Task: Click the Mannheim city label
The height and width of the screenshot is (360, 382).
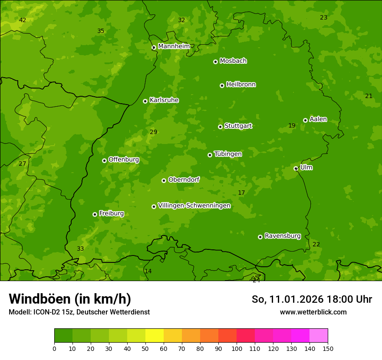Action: click(174, 46)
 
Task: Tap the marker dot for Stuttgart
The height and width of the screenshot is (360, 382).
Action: click(220, 127)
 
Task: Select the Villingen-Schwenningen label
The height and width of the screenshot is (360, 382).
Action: click(194, 206)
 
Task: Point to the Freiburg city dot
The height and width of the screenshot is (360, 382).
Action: click(95, 214)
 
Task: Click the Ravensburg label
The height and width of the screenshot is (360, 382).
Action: click(282, 236)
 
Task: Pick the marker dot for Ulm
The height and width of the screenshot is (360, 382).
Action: click(296, 168)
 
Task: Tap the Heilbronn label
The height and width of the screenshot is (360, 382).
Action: click(240, 85)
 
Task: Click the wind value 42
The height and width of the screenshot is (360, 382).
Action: click(23, 20)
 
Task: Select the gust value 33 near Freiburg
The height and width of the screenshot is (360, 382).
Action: click(80, 249)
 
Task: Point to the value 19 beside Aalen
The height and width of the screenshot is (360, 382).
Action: click(292, 126)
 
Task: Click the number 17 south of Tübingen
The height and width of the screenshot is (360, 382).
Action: click(241, 193)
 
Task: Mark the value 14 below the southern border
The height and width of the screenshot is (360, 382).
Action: click(148, 272)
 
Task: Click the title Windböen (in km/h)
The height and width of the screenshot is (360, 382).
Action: click(70, 299)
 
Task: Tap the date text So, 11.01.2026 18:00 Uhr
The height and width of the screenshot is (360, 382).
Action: click(312, 299)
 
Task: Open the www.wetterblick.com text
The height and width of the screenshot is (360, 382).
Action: click(313, 312)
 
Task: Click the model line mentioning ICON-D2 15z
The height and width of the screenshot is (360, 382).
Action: click(79, 312)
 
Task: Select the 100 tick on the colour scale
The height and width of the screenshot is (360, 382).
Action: click(237, 348)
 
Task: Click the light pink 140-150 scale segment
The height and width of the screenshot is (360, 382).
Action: click(319, 336)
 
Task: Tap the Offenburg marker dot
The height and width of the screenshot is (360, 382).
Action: click(104, 160)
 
